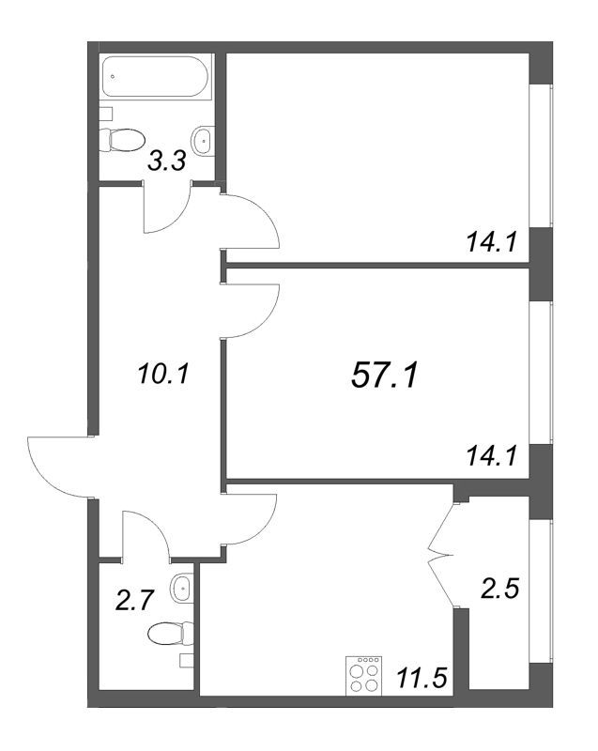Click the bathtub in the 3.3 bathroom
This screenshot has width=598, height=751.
tap(155, 77)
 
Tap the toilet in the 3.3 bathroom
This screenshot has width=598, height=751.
tap(123, 140)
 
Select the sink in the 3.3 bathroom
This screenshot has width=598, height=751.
tap(203, 140)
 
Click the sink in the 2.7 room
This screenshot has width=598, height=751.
tap(182, 588)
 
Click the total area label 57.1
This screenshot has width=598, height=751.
tap(385, 375)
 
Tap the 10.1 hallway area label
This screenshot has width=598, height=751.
tap(163, 373)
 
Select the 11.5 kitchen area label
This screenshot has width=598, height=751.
tap(422, 678)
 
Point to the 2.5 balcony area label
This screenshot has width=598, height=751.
tap(499, 588)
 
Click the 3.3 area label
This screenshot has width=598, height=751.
tap(166, 161)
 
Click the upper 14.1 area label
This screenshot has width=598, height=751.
tap(492, 242)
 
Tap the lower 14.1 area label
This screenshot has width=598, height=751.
tap(492, 455)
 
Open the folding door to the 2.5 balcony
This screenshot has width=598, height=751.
tap(441, 556)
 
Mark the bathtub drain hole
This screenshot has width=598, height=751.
tap(113, 76)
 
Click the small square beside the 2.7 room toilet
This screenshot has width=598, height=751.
tap(186, 661)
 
